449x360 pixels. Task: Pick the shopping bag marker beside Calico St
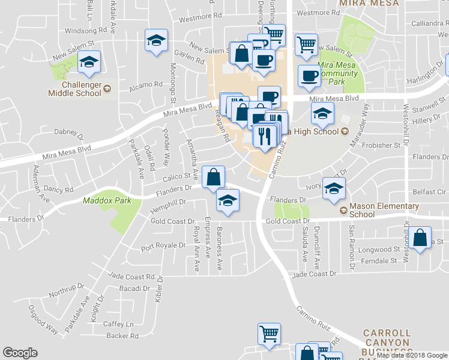(213, 177)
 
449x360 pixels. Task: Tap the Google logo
(20, 353)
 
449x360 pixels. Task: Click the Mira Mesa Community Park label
(340, 69)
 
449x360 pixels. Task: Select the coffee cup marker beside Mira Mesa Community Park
(309, 76)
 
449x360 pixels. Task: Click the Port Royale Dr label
(163, 246)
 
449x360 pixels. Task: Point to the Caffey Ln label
(121, 323)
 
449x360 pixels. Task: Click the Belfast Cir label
(429, 193)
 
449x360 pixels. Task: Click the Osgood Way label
(43, 321)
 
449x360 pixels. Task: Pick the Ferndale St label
(377, 261)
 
